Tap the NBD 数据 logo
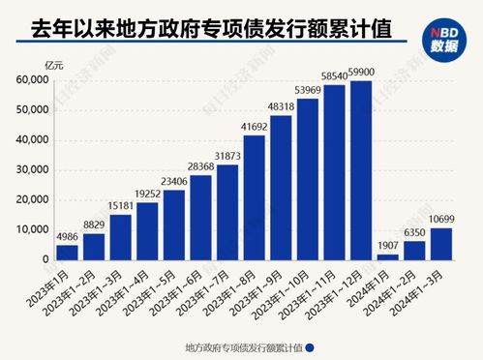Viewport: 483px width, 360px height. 441,38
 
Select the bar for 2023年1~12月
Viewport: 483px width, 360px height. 361,170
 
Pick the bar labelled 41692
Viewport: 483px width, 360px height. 255,198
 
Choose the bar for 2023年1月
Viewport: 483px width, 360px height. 67,252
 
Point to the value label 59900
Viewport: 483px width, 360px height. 362,72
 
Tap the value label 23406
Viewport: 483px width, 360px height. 174,181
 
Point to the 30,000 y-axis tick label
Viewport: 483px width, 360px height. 33,170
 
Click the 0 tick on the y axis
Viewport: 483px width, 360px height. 45,259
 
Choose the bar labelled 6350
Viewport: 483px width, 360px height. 415,250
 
